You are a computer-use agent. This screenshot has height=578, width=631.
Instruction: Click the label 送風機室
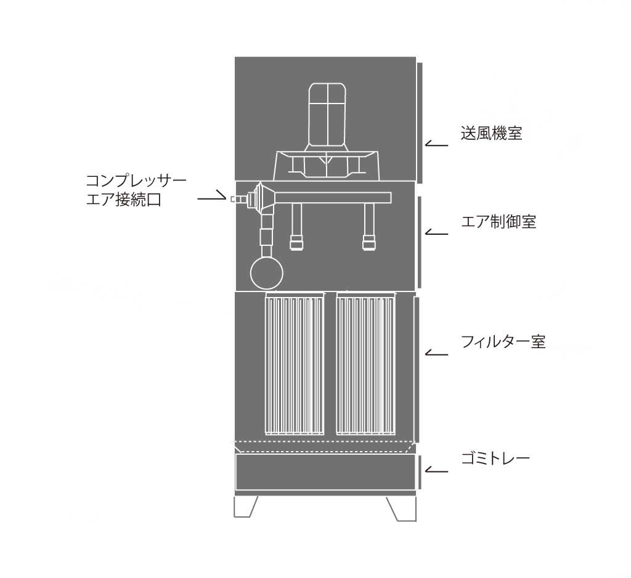[491, 133]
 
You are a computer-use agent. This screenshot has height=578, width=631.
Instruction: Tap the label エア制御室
[499, 222]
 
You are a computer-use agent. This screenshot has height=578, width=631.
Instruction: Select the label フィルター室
[503, 342]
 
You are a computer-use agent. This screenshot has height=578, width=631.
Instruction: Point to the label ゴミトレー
[495, 458]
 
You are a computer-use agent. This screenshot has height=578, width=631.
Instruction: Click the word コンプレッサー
[136, 181]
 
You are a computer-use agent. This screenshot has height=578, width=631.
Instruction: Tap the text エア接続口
[124, 200]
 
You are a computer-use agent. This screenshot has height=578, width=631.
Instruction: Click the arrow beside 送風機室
[436, 144]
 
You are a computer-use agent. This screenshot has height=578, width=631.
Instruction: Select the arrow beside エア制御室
[436, 232]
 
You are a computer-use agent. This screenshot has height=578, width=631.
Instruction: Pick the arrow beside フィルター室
[436, 353]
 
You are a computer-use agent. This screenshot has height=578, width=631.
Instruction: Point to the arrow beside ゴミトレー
[436, 470]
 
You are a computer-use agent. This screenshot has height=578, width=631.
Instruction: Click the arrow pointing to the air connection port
[212, 197]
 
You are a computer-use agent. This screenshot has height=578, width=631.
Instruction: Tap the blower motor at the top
[327, 116]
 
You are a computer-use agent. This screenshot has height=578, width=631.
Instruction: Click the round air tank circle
[266, 274]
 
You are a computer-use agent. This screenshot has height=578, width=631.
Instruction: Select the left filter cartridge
[295, 364]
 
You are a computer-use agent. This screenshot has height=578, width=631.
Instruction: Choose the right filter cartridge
[365, 364]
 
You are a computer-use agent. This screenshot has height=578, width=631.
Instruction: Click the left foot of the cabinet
[245, 507]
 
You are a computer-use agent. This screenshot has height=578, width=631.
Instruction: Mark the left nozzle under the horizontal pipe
[296, 227]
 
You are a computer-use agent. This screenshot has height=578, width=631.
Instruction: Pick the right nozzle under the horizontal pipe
[369, 227]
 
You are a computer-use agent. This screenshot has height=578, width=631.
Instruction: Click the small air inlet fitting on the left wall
[238, 199]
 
